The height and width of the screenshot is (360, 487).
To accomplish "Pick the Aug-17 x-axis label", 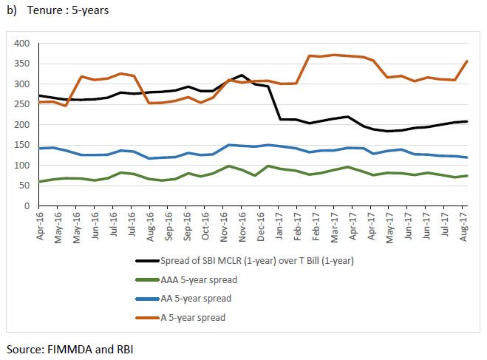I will [464, 220].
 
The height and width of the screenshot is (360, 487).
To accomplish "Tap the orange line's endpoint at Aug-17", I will [467, 61].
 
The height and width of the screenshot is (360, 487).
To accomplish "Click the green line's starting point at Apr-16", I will [38, 182].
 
